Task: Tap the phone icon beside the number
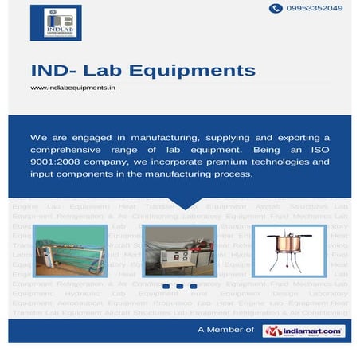(x=276, y=8)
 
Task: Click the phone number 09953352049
(x=316, y=8)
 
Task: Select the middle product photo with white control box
(x=180, y=243)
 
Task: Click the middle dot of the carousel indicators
(x=181, y=286)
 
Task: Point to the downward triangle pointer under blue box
(x=181, y=202)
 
